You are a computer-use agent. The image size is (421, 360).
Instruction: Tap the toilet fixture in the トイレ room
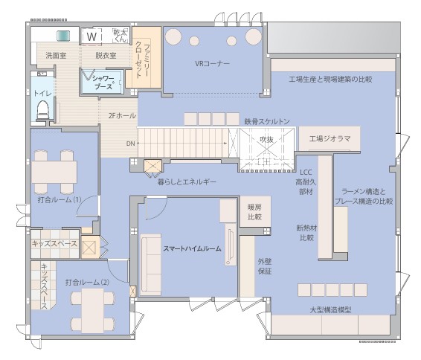pos(42,109)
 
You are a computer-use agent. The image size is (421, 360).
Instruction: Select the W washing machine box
pos(92,36)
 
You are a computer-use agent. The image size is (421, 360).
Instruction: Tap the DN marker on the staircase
pos(130,143)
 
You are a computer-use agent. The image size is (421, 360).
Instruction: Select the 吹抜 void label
pos(266,139)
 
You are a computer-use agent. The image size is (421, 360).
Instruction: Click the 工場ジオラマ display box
pos(329,138)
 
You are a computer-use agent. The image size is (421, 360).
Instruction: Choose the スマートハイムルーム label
pos(193,248)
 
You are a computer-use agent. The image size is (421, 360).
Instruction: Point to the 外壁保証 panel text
pos(265,266)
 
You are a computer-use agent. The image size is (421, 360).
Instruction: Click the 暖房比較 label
pos(254,213)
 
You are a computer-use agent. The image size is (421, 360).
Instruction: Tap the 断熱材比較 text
pos(306,233)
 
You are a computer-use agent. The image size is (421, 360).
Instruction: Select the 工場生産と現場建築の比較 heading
pos(330,78)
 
